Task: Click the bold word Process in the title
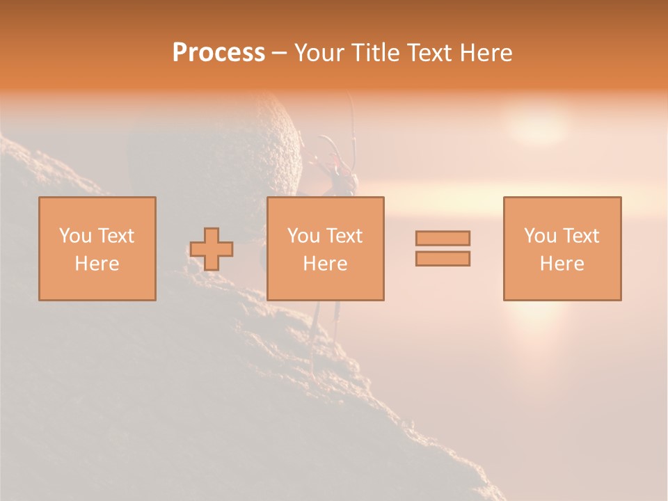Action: pos(218,53)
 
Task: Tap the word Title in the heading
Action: pos(378,53)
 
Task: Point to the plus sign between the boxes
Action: pos(212,249)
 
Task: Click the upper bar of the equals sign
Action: pos(443,238)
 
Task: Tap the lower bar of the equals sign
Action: pos(443,258)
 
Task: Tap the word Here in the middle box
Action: pos(326,264)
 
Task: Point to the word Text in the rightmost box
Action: pos(582,236)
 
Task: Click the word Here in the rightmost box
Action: pos(562,264)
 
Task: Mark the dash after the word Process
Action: pos(280,53)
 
